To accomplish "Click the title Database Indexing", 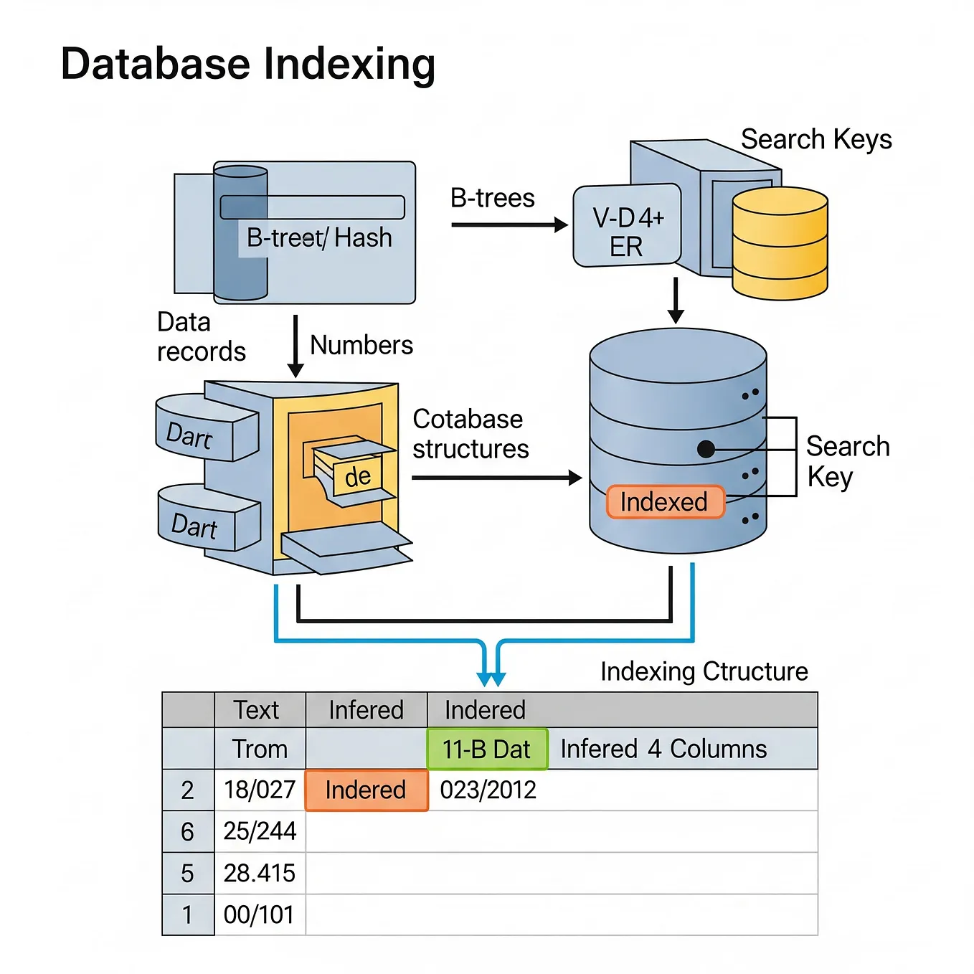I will coord(247,65).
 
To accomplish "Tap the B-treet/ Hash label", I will coord(319,238).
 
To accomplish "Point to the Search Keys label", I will coord(815,139).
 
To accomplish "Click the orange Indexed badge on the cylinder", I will coord(665,502).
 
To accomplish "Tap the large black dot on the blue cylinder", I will coord(706,450).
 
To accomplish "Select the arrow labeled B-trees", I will coord(509,225).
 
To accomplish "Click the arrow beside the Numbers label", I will coord(295,346).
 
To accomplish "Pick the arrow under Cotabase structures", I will coord(496,478).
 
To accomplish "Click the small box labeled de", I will coord(357,477).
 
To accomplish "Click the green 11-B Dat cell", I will coord(487,750).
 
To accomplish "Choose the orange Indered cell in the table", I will coord(366,790).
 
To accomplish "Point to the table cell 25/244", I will coord(260,831).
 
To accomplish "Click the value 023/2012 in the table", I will coord(488,790).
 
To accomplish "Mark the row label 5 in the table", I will coord(188,874).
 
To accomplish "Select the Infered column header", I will coord(366,710).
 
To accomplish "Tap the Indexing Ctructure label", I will coord(704,671).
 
